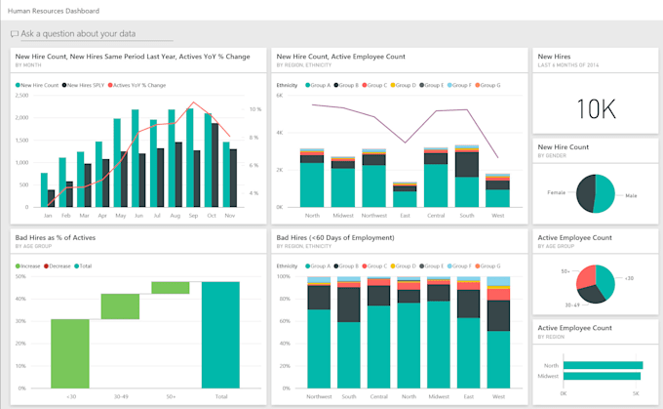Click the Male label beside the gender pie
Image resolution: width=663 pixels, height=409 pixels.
631,196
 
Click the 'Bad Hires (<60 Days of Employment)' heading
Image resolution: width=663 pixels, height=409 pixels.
335,237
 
